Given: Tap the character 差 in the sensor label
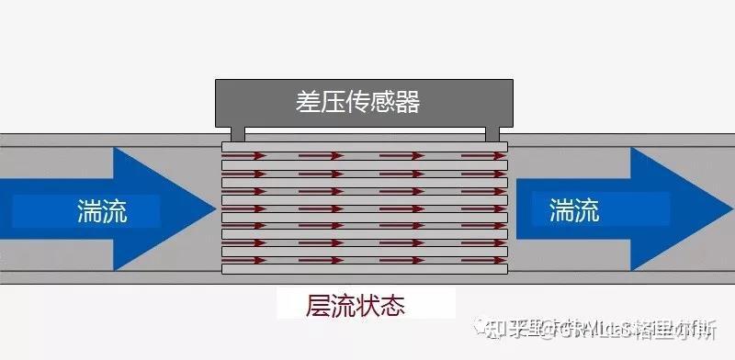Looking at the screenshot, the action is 308,102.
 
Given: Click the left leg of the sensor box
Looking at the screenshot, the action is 238,134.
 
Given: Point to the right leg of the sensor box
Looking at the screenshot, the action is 492,134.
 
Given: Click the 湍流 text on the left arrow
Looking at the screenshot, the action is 102,212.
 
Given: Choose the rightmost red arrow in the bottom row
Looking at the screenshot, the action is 482,261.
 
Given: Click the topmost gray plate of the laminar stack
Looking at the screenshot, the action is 366,147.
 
